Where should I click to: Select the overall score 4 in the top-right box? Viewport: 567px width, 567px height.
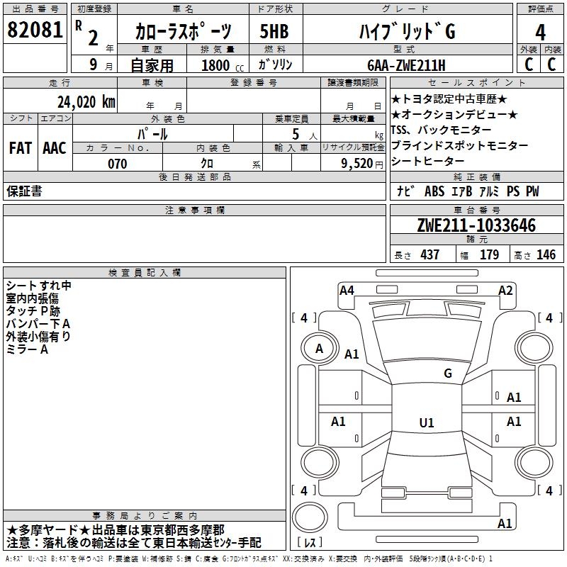click(540, 32)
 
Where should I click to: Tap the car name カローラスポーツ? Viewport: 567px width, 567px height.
click(184, 32)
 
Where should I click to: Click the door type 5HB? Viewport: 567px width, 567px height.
click(274, 32)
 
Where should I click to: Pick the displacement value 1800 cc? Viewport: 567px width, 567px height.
click(220, 66)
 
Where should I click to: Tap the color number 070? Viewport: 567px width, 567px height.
click(117, 164)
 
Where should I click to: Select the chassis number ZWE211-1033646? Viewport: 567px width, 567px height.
click(476, 225)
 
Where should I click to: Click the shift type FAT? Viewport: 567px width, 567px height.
click(20, 148)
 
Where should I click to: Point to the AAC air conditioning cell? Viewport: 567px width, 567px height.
click(55, 148)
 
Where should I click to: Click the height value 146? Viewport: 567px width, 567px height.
click(546, 254)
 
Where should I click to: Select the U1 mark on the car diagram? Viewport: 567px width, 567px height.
click(426, 423)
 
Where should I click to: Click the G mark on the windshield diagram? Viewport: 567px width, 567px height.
click(448, 374)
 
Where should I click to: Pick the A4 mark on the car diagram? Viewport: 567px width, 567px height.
click(347, 290)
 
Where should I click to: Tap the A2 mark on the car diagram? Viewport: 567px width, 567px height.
click(505, 290)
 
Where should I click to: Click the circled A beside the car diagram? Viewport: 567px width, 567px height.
click(319, 348)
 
